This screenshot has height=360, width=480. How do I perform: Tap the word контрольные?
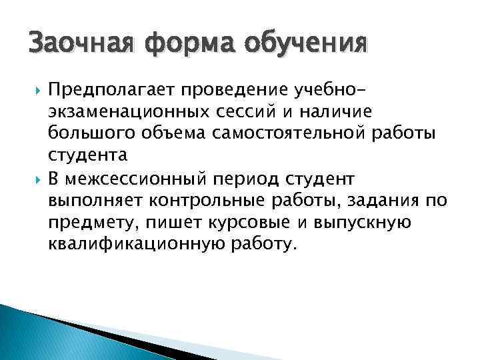pos(193,201)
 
